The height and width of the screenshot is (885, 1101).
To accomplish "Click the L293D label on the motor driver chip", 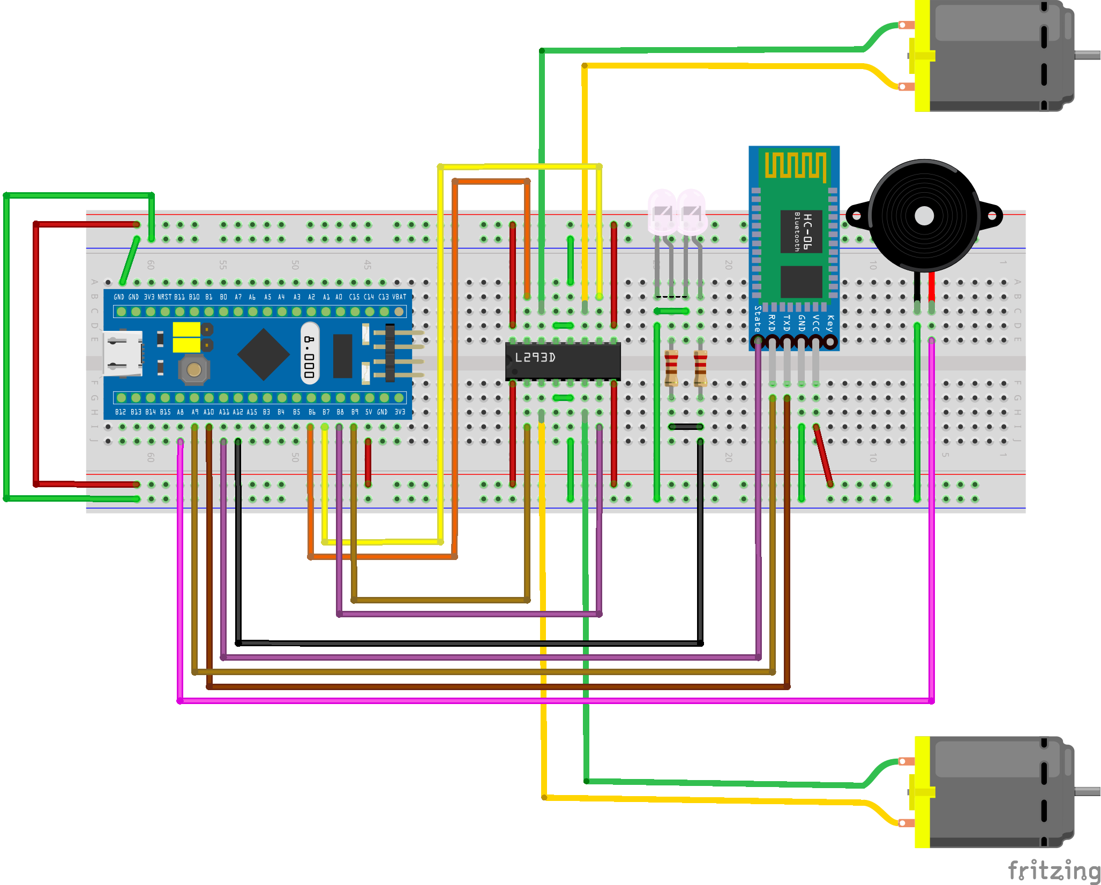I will [535, 358].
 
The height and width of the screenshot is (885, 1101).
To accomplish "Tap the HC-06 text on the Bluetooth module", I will [808, 231].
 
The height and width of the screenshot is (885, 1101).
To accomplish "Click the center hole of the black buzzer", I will [924, 216].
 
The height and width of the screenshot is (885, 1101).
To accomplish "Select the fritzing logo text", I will [1053, 870].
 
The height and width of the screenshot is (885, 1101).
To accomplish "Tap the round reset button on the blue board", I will [194, 369].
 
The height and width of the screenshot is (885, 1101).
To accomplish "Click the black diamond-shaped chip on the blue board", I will [264, 354].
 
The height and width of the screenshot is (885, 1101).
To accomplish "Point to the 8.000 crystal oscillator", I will [310, 353].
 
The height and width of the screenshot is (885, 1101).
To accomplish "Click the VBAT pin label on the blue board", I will [399, 297].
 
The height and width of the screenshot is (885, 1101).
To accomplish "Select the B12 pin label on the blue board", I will [120, 412].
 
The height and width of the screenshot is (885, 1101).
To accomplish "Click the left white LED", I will [662, 211].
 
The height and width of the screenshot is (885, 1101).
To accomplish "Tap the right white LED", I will [692, 211].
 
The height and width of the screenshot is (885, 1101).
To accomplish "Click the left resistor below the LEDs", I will [671, 368].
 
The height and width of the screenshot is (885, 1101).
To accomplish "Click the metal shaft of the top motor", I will [1088, 55].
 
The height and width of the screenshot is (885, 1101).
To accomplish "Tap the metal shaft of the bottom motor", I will [1088, 791].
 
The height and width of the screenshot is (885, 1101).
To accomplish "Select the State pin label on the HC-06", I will [757, 319].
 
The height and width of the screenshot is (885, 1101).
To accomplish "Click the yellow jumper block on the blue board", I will [186, 337].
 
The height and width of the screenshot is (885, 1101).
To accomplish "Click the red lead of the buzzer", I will [932, 289].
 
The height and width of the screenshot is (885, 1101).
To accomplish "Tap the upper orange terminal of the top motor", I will [906, 25].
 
